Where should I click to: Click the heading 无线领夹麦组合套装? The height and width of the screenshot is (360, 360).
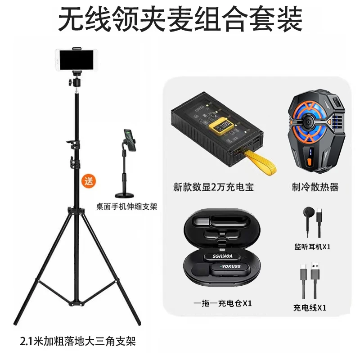point(180,19)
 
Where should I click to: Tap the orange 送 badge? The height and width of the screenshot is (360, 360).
point(89,181)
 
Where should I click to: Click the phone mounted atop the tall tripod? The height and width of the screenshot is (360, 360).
point(77,59)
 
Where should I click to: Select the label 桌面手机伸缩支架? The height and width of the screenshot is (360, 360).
point(127,207)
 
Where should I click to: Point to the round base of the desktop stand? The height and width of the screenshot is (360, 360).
point(125,195)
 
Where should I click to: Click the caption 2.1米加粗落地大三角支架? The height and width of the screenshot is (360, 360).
point(78,341)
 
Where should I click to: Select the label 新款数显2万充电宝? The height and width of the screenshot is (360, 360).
point(213,187)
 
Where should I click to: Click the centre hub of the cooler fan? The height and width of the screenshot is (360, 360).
point(308,122)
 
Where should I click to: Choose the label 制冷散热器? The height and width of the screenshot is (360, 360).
point(315,187)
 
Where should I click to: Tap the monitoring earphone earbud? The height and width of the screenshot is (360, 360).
point(308,211)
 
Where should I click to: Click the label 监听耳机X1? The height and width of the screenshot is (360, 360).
point(312,247)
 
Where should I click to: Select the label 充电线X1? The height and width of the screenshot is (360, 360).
point(310,308)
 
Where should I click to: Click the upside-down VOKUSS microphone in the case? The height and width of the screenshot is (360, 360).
point(222,256)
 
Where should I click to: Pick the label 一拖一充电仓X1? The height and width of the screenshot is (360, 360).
point(222,303)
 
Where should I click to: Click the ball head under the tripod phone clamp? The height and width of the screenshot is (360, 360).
point(75,81)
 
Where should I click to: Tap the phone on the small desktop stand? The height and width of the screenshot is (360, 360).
point(130,140)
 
